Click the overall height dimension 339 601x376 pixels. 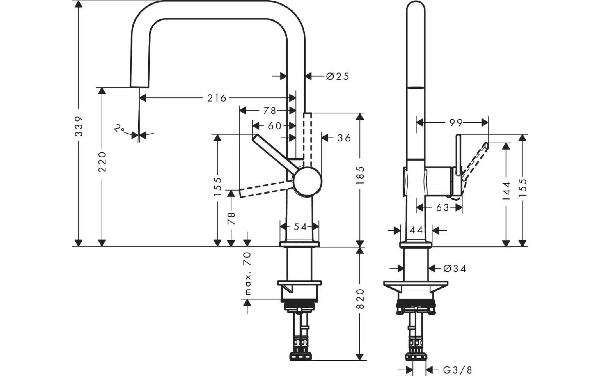80,126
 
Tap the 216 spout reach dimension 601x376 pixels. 217,98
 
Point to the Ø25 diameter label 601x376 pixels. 337,76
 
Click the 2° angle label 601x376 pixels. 119,128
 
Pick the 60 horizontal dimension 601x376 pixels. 275,126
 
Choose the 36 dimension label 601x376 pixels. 344,138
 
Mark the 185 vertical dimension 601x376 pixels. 360,175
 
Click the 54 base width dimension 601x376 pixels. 300,227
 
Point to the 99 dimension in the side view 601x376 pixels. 456,123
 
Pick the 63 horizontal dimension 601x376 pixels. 442,207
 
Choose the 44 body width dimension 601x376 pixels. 416,230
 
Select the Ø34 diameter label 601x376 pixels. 455,269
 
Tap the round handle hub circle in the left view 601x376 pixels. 307,182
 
